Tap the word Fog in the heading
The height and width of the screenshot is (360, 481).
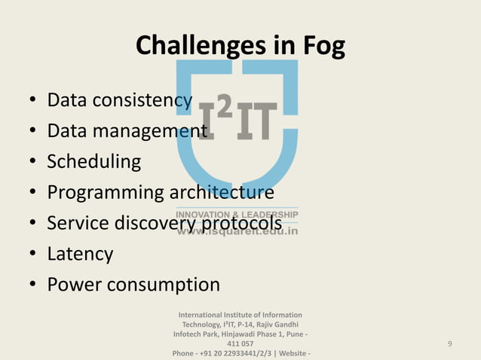click(323, 47)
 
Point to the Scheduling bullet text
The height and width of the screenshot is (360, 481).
click(93, 162)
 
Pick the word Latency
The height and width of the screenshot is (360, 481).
click(80, 254)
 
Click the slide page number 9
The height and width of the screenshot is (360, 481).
click(449, 344)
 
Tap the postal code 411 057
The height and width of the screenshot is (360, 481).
click(240, 343)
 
